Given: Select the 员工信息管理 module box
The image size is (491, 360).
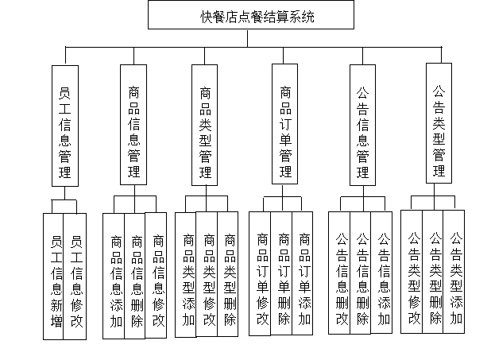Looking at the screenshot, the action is pyautogui.click(x=64, y=125).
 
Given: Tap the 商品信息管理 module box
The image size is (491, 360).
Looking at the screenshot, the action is pyautogui.click(x=135, y=125).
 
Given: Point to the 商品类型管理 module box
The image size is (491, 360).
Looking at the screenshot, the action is pyautogui.click(x=206, y=126).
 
